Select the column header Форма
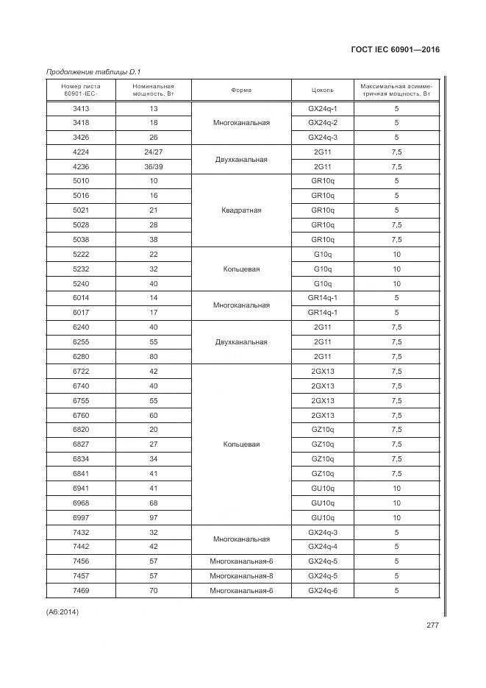(241, 91)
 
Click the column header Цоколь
(323, 91)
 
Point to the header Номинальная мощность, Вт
(154, 91)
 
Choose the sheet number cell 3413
(82, 108)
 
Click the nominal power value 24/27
(154, 152)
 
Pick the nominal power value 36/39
(154, 167)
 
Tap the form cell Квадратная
(241, 210)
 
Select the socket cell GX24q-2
(323, 123)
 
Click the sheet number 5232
(82, 269)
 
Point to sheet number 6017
(82, 313)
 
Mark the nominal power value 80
(154, 357)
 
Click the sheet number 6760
(82, 415)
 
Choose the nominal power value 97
(154, 517)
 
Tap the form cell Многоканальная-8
(241, 575)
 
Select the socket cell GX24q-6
(323, 590)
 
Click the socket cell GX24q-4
(323, 547)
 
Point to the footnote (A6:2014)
(62, 611)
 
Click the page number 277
(432, 626)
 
